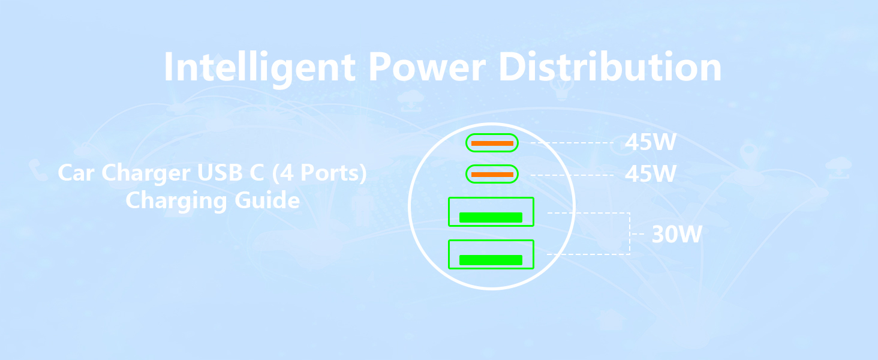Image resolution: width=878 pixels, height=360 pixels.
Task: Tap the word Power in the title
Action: click(426, 67)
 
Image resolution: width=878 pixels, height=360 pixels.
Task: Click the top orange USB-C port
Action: click(492, 143)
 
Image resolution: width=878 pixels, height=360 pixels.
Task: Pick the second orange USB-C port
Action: click(492, 175)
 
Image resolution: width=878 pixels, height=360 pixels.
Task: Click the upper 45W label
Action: click(650, 143)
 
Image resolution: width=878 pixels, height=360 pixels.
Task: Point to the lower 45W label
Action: click(650, 174)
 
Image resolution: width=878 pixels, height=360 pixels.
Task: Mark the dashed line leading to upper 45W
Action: click(570, 143)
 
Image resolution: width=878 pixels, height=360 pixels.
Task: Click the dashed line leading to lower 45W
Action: click(570, 175)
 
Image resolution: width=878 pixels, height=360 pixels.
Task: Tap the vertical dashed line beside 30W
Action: click(630, 234)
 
